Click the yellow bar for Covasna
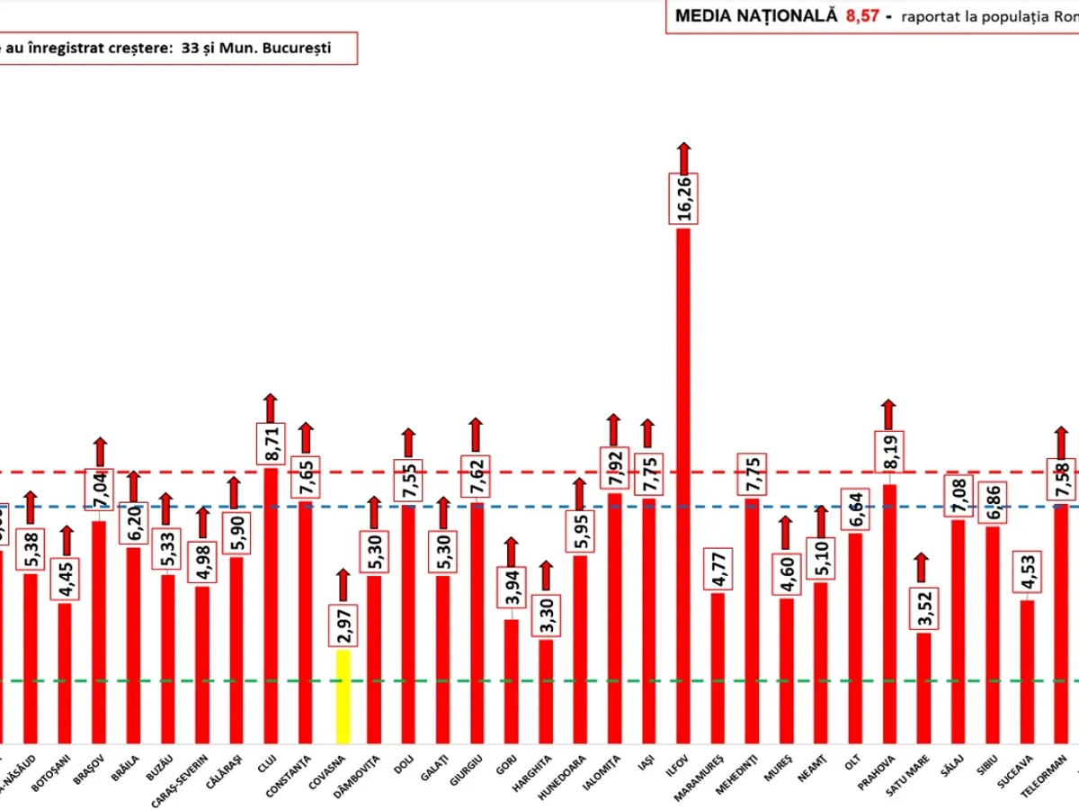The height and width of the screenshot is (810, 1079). (x=343, y=696)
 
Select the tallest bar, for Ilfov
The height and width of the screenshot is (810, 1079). (x=683, y=486)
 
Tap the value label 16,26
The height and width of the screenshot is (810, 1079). (x=683, y=199)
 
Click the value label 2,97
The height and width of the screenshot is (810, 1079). (x=343, y=625)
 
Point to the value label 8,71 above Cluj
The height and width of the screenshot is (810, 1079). (x=271, y=444)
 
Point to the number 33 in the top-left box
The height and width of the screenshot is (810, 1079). (x=189, y=48)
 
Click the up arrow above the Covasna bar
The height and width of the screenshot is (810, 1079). (x=343, y=585)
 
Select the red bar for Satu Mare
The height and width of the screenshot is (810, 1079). (x=923, y=688)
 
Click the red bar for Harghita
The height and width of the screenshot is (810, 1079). (x=546, y=691)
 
